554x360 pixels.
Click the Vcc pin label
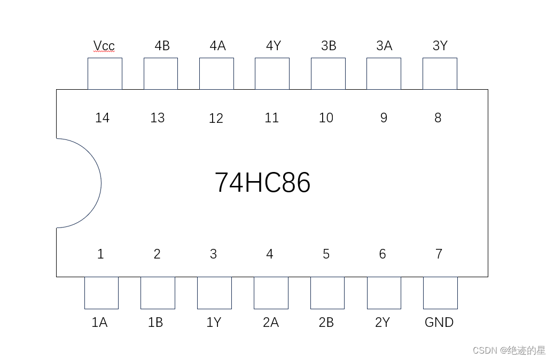click(104, 46)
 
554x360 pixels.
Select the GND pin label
click(439, 323)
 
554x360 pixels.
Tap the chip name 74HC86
click(262, 183)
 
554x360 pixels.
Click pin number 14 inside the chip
click(102, 118)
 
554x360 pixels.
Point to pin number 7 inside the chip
click(439, 254)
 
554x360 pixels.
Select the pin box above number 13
click(161, 74)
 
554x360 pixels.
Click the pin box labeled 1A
click(102, 293)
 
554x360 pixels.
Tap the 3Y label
click(440, 46)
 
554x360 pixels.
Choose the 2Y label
click(383, 323)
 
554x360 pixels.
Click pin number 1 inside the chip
click(100, 254)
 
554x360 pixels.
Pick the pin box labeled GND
click(440, 293)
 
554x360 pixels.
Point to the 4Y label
click(273, 46)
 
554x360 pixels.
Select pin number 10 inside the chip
click(326, 118)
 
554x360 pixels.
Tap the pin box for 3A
click(384, 74)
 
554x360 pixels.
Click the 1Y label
click(214, 323)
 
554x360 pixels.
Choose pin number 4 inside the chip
click(270, 254)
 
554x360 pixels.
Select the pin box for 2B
click(327, 293)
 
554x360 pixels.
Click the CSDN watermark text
click(509, 350)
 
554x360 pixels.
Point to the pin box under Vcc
click(105, 74)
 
